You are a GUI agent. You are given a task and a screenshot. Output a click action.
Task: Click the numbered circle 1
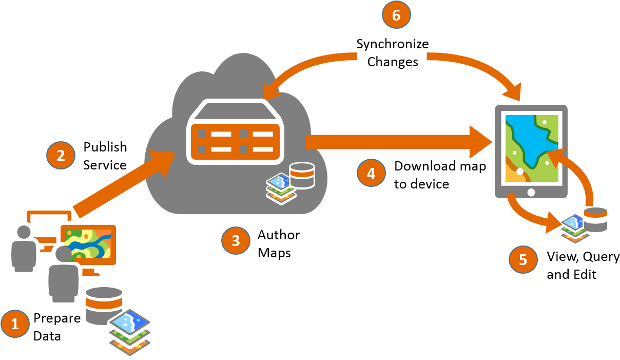point(15,324)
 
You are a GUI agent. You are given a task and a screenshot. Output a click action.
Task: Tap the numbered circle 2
point(61,156)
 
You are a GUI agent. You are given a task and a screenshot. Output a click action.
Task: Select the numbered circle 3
point(236,240)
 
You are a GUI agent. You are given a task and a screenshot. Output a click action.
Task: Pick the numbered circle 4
point(371,173)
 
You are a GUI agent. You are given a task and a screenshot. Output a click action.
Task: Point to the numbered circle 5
point(523,259)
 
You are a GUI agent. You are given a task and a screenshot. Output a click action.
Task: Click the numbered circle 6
point(396,15)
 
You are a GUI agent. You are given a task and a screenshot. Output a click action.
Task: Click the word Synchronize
point(393,44)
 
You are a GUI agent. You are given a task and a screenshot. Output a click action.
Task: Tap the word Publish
point(105,147)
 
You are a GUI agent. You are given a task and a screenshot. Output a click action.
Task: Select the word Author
point(279,235)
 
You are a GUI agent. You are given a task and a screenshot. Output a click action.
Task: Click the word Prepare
point(57,318)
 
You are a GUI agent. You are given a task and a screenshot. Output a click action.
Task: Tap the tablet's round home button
point(531,192)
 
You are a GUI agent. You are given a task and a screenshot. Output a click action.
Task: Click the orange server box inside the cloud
point(235,142)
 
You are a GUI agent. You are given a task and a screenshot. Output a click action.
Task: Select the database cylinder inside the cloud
point(302,176)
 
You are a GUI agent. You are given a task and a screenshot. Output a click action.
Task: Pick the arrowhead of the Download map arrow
point(481,142)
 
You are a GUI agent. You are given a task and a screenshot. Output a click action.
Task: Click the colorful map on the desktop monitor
point(88,244)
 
